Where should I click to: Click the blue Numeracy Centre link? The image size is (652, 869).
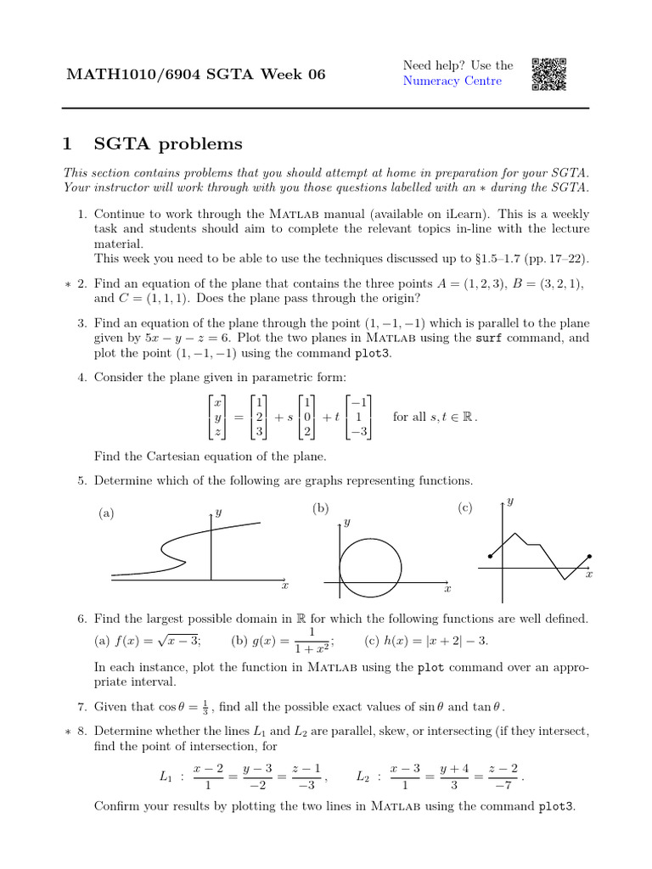click(x=452, y=81)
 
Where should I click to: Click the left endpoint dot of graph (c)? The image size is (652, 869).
click(x=491, y=557)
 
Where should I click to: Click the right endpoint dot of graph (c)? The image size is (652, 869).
click(x=589, y=557)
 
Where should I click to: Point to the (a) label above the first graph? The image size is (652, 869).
click(x=106, y=513)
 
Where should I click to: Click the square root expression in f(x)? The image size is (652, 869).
click(x=181, y=641)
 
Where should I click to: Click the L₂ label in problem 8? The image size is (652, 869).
click(x=363, y=776)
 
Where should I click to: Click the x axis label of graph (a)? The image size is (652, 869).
click(x=285, y=586)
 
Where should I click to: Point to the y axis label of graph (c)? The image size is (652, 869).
click(x=509, y=502)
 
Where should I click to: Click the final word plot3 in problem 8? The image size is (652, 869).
click(x=557, y=806)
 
